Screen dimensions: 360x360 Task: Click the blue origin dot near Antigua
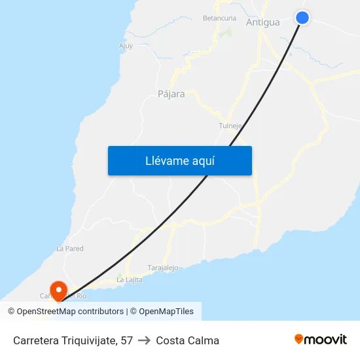click(302, 18)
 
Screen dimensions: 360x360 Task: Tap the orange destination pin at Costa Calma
click(58, 289)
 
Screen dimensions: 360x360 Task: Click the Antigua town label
click(262, 22)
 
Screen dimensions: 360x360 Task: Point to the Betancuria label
click(219, 18)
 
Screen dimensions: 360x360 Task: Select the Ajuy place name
click(126, 46)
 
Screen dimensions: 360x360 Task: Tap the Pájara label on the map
click(171, 94)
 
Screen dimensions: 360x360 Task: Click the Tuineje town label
click(230, 126)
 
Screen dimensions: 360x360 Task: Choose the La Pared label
click(70, 249)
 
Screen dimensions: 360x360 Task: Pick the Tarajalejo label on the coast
click(163, 268)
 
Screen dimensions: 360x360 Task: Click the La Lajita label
click(129, 279)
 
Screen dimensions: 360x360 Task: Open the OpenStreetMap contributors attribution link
click(70, 312)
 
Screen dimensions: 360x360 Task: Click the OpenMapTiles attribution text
click(166, 312)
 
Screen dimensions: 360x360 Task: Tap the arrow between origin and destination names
click(144, 340)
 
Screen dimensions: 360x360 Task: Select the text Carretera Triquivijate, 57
click(73, 340)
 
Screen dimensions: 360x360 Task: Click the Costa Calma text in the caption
click(187, 340)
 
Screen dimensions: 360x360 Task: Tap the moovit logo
click(320, 339)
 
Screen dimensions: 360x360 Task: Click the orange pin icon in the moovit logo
click(299, 339)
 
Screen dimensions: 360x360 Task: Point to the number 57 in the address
click(126, 340)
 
